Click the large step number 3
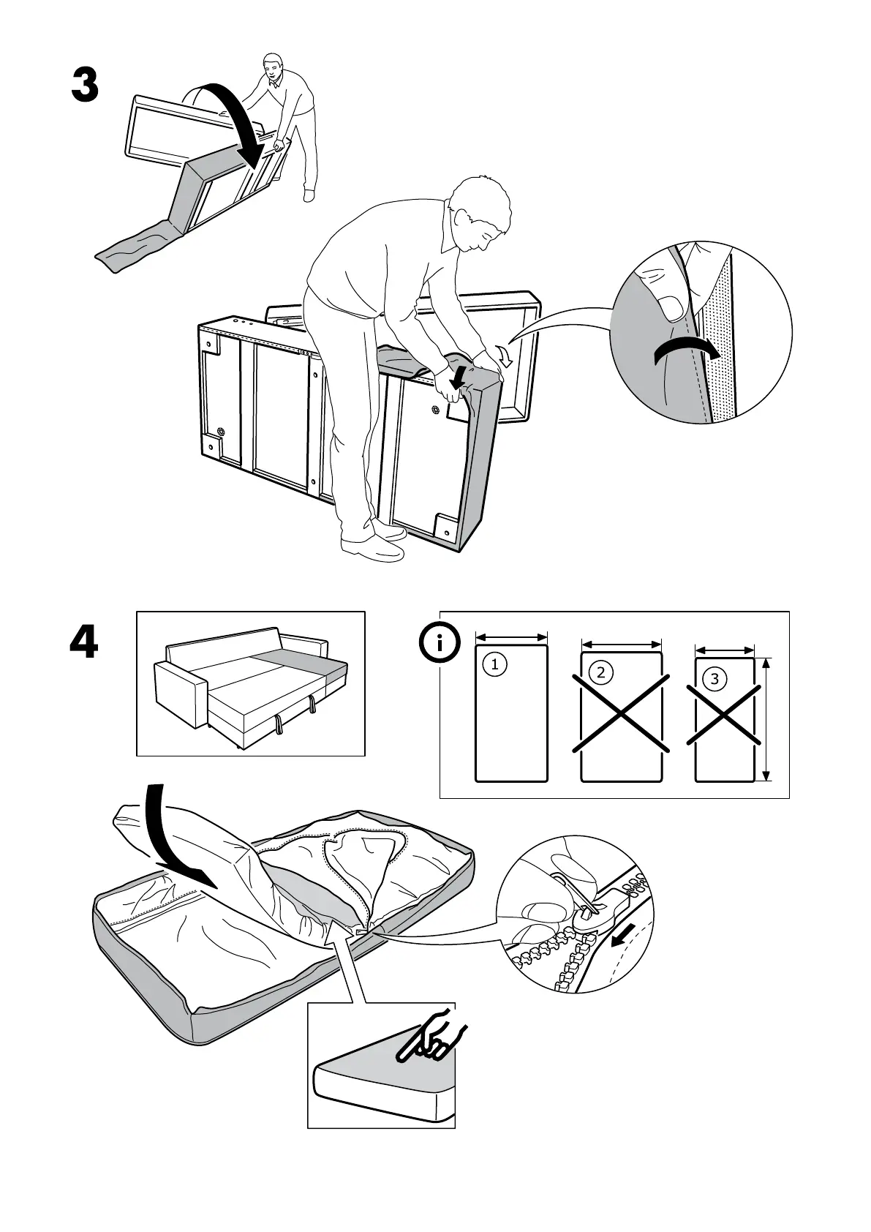[x=85, y=86]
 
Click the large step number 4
[x=84, y=643]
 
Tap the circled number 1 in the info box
[x=495, y=664]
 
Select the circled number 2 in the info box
[x=601, y=672]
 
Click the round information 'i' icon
[x=439, y=644]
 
